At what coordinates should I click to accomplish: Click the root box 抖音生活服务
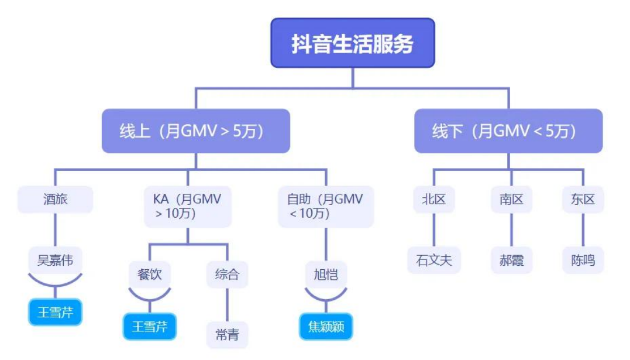click(353, 43)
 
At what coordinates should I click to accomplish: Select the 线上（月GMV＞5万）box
click(196, 131)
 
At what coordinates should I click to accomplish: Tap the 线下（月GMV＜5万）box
click(508, 131)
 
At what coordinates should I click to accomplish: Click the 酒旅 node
click(56, 200)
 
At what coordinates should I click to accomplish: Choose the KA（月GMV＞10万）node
click(188, 207)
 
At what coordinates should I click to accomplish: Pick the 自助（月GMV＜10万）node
click(326, 207)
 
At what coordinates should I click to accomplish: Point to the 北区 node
click(434, 200)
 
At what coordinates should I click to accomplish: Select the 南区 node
click(511, 200)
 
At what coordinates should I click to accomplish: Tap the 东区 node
click(583, 200)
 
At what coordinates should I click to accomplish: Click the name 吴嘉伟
click(56, 260)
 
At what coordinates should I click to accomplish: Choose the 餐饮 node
click(150, 275)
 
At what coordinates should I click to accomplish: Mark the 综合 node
click(227, 275)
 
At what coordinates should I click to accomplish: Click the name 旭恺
click(326, 275)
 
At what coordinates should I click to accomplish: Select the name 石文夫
click(434, 260)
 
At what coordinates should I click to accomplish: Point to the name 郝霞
click(511, 260)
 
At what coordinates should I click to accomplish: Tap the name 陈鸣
click(583, 260)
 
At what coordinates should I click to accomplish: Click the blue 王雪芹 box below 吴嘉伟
click(56, 312)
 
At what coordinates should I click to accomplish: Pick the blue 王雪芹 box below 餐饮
click(150, 327)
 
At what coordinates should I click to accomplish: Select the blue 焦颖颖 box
click(326, 327)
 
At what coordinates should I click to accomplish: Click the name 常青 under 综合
click(227, 335)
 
